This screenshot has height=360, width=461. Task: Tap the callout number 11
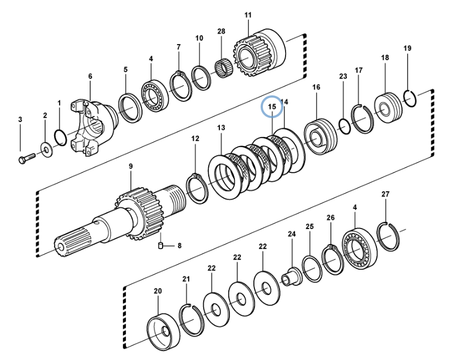[x=248, y=16]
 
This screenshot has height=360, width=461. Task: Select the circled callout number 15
[x=272, y=106]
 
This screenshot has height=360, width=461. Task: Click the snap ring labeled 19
[x=410, y=98]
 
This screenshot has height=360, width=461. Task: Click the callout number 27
[x=385, y=194]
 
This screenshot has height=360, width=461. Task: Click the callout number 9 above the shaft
[x=130, y=166]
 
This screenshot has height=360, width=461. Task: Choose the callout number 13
[x=221, y=128]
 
